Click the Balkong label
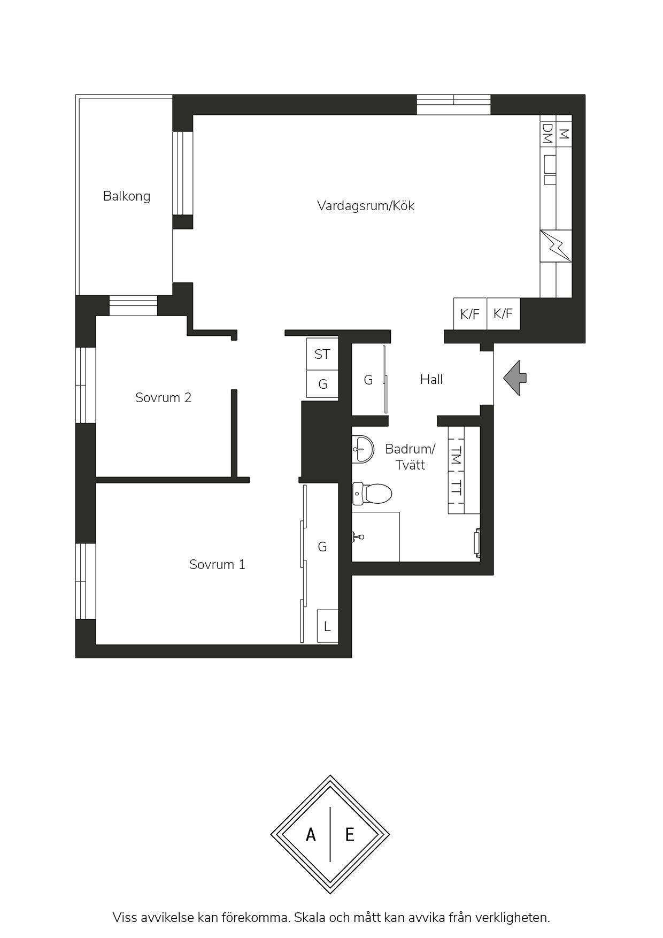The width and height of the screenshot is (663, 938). pos(127,196)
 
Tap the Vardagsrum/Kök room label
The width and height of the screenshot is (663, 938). pos(366,206)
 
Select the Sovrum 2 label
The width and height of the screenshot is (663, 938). pos(163,398)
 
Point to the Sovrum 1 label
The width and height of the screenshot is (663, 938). pos(217,565)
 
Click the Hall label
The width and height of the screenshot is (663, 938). pos(431,380)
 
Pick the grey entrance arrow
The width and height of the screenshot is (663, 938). pos(515,378)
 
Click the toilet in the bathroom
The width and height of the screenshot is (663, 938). pos(372,494)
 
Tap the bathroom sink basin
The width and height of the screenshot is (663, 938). pos(363,448)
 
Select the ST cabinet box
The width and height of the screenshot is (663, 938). pos(322,354)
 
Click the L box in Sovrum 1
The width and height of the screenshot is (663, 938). pos(328,626)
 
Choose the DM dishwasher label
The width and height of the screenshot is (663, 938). pos(548,134)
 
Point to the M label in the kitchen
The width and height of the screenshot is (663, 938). pos(564,134)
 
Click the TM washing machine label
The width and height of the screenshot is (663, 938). pos(456,455)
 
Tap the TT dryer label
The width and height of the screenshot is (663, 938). pos(456,487)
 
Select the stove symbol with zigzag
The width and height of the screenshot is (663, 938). pos(556,246)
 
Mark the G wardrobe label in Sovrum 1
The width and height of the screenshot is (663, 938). pos(322,547)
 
